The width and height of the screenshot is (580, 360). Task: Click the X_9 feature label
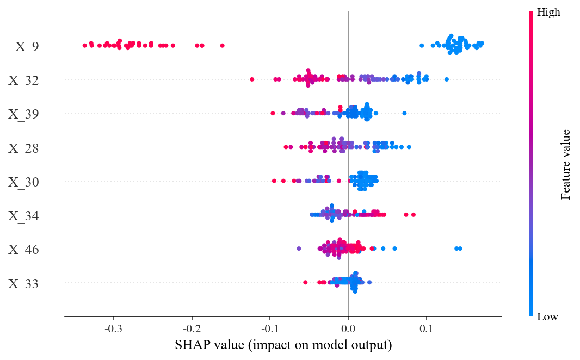tap(27, 47)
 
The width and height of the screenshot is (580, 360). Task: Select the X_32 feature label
tap(23, 81)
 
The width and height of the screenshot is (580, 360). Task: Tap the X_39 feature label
tap(23, 114)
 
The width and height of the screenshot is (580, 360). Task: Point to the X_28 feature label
tap(23, 148)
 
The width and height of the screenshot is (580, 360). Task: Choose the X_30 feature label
tap(23, 182)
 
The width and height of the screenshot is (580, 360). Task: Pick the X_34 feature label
tap(23, 216)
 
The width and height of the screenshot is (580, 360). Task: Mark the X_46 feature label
tap(23, 250)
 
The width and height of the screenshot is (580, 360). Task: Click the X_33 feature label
tap(23, 284)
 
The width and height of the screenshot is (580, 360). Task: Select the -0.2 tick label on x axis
tap(191, 329)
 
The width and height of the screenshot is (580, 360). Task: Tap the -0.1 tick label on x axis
tap(269, 329)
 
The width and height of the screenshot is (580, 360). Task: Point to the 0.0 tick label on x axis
tap(348, 329)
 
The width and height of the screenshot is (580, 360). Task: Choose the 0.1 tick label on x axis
tap(427, 329)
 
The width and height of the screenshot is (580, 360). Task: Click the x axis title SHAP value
tap(283, 345)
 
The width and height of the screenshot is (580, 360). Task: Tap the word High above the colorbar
tap(548, 11)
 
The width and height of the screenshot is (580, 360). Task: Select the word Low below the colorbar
tap(547, 316)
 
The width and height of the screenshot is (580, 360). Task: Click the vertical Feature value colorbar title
tap(566, 164)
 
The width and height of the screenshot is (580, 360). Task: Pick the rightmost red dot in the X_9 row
tap(222, 45)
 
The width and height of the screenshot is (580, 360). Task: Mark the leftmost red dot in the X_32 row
tap(252, 79)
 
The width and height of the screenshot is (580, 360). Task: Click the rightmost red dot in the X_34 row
tap(414, 215)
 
